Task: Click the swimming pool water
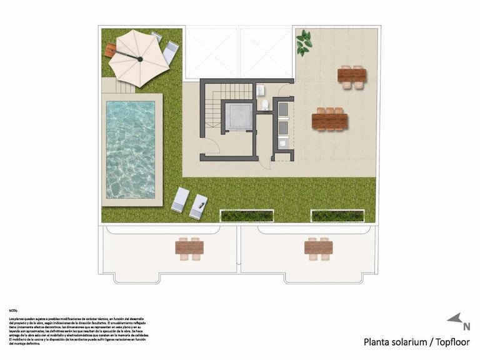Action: pos(130,149)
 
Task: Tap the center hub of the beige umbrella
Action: pos(139,59)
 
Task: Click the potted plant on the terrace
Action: pos(304,42)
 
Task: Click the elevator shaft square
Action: pos(238,117)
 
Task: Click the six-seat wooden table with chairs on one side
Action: pos(329,119)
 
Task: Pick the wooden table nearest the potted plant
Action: pos(352,75)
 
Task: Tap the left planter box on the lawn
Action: pos(247,216)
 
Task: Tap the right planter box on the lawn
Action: pos(337,216)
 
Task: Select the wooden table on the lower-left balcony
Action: pos(190,248)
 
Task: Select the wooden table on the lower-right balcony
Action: pos(318,247)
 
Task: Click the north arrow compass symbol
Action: pos(454,318)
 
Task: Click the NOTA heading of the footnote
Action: pos(14,310)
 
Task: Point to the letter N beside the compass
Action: pos(466,326)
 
